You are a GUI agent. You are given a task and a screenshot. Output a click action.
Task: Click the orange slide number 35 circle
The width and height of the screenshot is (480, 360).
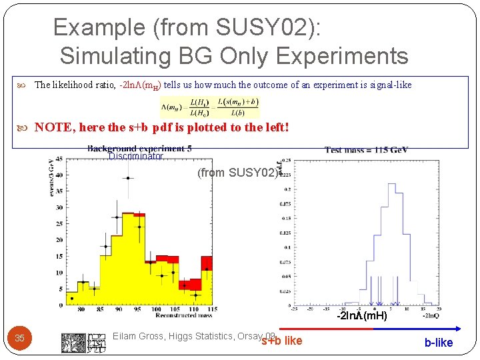[20, 338]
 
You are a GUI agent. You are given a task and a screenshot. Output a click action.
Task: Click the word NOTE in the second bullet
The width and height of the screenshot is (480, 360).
[53, 127]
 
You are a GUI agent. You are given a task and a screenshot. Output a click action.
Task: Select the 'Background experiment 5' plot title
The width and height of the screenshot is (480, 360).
[139, 149]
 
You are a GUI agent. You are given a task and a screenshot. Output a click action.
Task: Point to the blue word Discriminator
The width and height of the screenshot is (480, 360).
[135, 157]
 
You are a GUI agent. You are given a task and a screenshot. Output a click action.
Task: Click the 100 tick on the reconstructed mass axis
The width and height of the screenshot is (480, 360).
[156, 309]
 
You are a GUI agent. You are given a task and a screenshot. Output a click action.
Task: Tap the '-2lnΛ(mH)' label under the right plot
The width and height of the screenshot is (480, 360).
[362, 315]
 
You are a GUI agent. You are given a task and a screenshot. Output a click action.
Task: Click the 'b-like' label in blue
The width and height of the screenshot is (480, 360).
[438, 343]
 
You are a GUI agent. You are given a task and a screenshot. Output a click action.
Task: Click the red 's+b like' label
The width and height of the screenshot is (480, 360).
[281, 341]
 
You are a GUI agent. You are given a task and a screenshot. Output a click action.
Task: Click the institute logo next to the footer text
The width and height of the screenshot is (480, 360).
[84, 342]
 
